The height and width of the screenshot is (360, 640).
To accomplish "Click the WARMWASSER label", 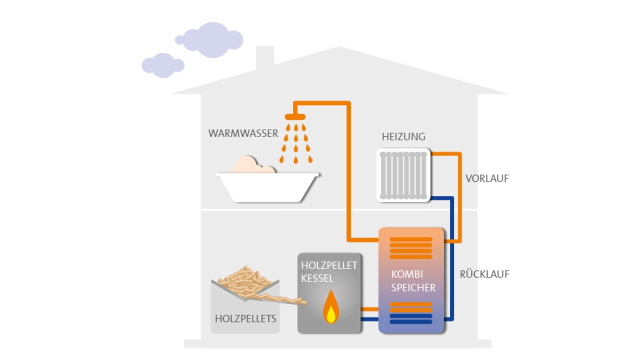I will (243, 133).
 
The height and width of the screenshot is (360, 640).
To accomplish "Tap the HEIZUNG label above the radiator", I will (403, 136).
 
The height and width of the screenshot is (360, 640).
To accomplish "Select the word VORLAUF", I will (487, 178).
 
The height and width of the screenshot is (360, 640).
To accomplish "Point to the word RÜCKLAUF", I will (484, 274).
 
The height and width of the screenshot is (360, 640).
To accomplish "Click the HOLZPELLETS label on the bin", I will (245, 318).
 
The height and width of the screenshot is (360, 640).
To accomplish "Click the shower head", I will (295, 117).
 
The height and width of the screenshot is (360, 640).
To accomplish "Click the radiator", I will (403, 176).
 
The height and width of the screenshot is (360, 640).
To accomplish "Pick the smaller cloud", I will (163, 65).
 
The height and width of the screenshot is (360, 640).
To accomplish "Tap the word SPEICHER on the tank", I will (413, 287).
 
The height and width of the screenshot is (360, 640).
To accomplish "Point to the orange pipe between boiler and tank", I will (370, 309).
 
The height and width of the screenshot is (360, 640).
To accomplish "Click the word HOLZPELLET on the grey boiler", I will (328, 265).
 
